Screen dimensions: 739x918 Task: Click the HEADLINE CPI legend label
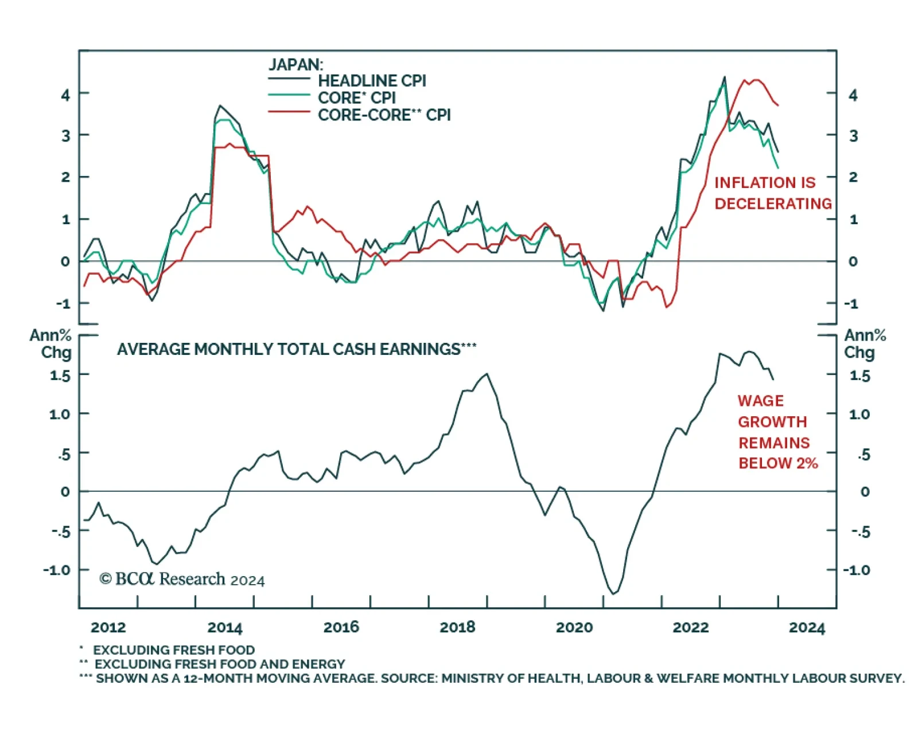coord(372,81)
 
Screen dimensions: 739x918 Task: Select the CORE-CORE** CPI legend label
coord(384,115)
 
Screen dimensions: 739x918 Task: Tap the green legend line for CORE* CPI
coord(289,95)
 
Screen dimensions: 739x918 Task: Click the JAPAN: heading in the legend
coord(295,64)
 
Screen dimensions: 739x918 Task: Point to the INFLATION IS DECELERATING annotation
coord(772,193)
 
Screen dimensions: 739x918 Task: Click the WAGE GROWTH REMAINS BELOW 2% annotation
coord(777,432)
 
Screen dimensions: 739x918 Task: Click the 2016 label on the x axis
coord(341,627)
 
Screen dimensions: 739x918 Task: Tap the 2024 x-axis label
coord(806,628)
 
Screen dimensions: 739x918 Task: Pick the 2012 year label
coord(108,627)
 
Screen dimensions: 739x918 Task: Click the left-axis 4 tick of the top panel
coord(65,95)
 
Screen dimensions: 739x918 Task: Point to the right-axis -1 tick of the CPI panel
coord(851,304)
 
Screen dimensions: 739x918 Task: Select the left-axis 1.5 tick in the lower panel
coord(60,376)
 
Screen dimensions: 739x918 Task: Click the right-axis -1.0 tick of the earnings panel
coord(856,570)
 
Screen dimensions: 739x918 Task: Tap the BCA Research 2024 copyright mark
coord(182,579)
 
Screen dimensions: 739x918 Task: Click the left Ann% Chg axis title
coord(51,343)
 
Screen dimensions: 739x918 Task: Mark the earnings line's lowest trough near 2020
coord(613,593)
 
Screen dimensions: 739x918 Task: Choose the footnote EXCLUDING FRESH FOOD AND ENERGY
coord(219,664)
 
